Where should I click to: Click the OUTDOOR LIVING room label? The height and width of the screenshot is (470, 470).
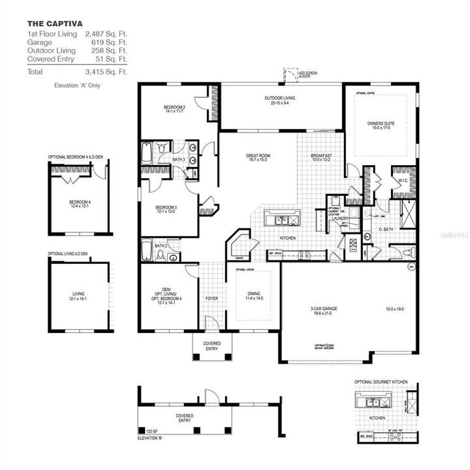(x=279, y=99)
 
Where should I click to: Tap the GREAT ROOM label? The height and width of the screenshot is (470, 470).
(x=258, y=157)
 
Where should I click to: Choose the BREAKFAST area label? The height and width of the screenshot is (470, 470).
(x=321, y=155)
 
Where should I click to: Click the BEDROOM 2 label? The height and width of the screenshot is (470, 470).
(x=174, y=108)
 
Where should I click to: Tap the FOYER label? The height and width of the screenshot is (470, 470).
(x=211, y=300)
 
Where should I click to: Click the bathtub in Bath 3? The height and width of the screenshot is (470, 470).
(x=147, y=153)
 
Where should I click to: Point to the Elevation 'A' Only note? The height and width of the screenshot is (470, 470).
(x=78, y=86)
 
